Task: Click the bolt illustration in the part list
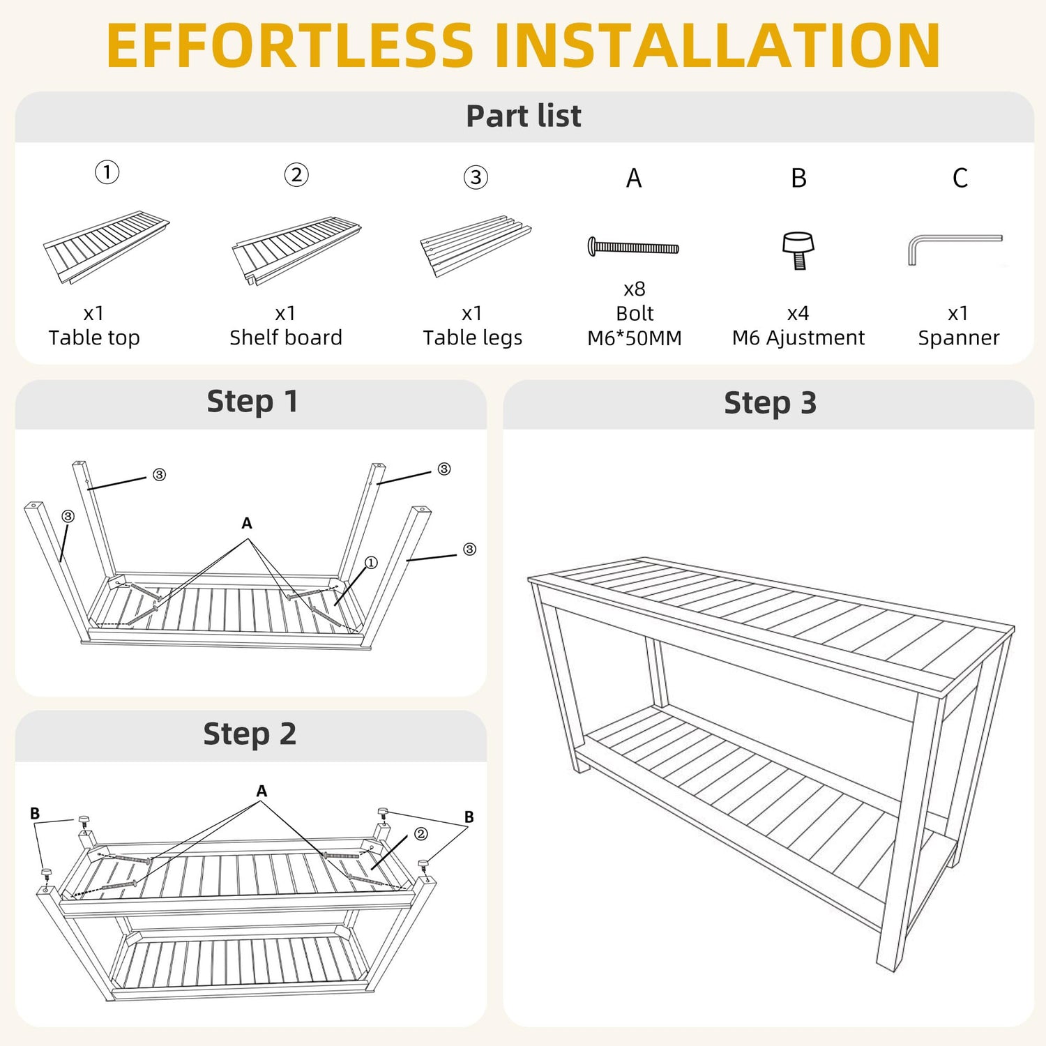633,247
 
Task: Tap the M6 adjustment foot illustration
798,250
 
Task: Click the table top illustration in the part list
106,248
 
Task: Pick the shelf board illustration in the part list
296,251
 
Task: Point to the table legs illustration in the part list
476,245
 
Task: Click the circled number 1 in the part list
107,172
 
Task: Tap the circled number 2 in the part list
296,174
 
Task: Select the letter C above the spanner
960,178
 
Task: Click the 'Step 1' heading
252,402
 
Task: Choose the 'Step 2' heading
250,734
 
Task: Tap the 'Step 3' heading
770,403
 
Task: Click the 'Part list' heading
524,116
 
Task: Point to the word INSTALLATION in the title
717,45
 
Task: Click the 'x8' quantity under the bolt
635,289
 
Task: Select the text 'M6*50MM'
635,338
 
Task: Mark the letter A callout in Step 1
247,523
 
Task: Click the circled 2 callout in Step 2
421,834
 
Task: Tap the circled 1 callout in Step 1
371,563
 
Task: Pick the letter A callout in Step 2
261,791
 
